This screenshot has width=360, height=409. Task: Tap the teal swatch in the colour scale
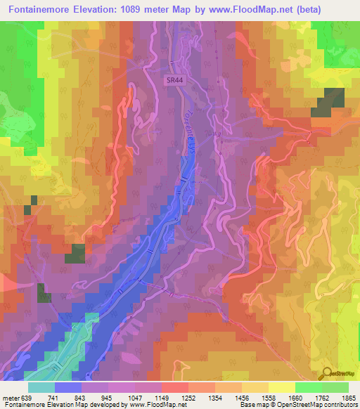point(41,388)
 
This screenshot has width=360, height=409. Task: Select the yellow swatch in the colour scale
point(282,388)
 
